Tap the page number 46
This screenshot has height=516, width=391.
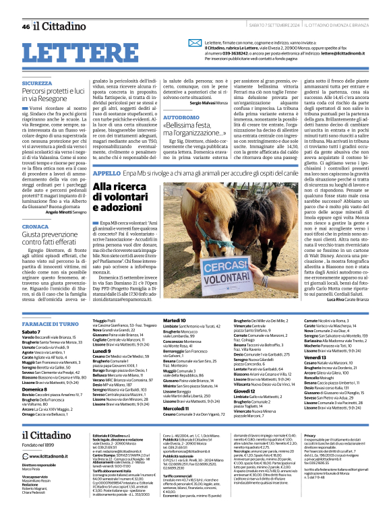26,26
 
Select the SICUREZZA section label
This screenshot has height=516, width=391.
36,83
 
